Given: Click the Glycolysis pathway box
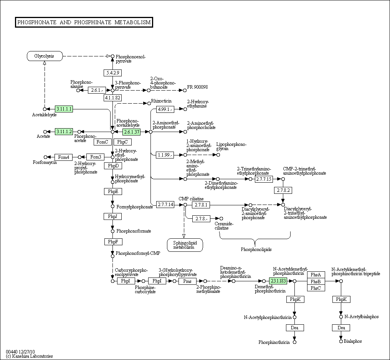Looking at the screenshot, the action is [x=45, y=56].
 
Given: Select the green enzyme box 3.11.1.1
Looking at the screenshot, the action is [x=64, y=109].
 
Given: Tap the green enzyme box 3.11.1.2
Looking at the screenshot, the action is [x=64, y=132].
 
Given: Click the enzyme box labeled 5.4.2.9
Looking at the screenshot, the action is [x=112, y=73].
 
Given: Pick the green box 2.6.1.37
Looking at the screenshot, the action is [x=132, y=132].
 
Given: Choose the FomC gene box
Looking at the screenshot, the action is [x=102, y=142].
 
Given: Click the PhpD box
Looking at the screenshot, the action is [x=113, y=165].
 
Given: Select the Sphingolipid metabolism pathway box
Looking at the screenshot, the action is [x=185, y=245].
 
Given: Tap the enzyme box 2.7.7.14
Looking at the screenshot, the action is [x=165, y=205].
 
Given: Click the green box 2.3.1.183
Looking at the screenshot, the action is [x=278, y=281].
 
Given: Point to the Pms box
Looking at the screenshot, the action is [x=187, y=281].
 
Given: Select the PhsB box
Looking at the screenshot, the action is [x=316, y=281].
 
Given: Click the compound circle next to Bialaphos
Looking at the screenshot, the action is [x=341, y=341].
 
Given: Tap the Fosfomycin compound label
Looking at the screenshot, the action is [x=45, y=162].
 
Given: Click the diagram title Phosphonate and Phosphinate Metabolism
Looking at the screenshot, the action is [x=84, y=22].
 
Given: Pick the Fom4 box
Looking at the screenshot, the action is [x=63, y=157].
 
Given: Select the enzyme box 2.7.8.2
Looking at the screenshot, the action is [x=283, y=190].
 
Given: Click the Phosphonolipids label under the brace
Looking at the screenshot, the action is [x=256, y=249].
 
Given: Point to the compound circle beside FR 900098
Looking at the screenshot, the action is [x=185, y=90].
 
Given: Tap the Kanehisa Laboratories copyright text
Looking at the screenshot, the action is [x=29, y=356].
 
